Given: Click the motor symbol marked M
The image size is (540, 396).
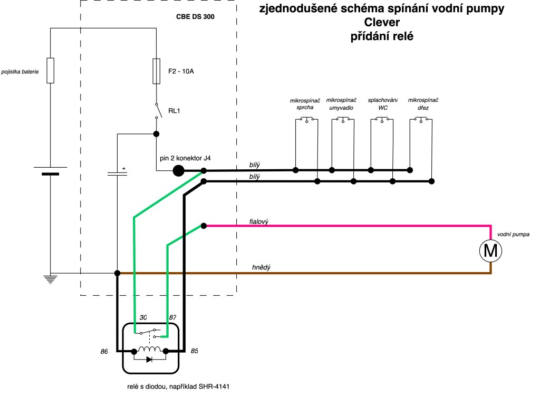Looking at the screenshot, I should [490, 251].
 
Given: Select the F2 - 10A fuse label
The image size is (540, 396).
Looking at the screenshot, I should [181, 71].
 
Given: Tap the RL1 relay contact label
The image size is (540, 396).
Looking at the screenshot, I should [175, 111].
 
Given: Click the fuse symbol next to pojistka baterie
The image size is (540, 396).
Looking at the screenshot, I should [50, 70].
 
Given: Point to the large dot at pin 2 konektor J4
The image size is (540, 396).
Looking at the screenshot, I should [178, 170].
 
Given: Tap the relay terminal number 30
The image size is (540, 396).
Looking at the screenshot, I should [142, 317].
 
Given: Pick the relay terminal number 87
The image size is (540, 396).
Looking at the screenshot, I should [171, 317].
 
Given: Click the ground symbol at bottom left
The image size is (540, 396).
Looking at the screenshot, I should [50, 279].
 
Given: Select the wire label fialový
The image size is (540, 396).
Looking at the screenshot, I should [259, 222].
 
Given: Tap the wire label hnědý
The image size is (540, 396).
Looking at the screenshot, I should [261, 268].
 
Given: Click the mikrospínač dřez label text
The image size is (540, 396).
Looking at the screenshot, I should [423, 104].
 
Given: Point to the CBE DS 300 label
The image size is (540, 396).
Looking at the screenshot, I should [195, 16].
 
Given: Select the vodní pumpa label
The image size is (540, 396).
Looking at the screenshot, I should [513, 234].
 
